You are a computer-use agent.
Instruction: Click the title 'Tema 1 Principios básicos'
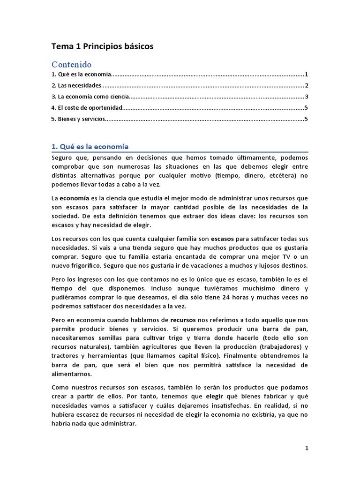coord(102,46)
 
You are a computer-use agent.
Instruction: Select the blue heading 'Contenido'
coord(71,64)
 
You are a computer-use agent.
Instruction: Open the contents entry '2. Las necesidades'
coord(76,86)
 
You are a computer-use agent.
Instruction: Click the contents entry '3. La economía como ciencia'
coord(90,97)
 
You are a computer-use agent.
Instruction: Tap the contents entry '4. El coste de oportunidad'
coord(86,108)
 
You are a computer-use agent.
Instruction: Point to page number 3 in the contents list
coord(306,97)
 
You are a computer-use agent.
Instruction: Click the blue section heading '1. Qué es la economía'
coord(90,146)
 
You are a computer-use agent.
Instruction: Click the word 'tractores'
coord(66,355)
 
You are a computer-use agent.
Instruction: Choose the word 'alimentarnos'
coord(73,374)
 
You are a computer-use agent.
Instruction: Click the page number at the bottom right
coord(307,448)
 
